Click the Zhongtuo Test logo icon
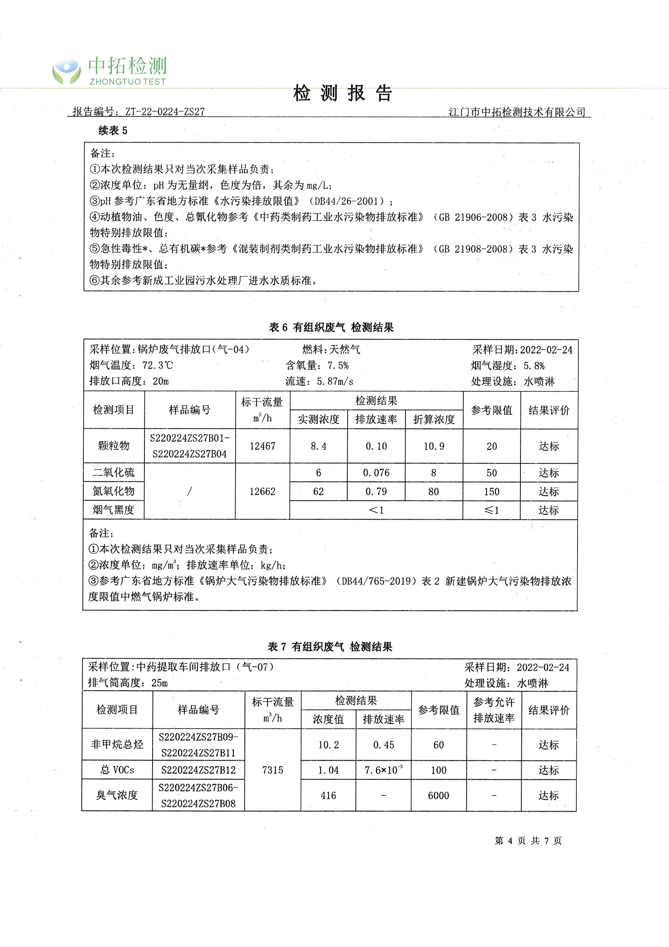click(x=66, y=72)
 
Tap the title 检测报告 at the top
click(x=342, y=94)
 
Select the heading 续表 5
click(x=113, y=131)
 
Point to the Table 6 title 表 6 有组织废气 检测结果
click(x=331, y=328)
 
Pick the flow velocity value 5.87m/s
click(x=335, y=382)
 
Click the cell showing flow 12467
click(x=263, y=446)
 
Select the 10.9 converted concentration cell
click(x=434, y=446)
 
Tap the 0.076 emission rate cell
click(x=376, y=473)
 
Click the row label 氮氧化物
click(x=114, y=491)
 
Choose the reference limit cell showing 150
click(x=492, y=492)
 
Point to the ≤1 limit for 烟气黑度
click(x=492, y=510)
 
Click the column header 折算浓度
click(x=434, y=420)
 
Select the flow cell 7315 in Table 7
click(x=272, y=770)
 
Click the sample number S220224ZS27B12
click(x=198, y=770)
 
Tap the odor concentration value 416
click(x=328, y=796)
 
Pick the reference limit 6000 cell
click(x=439, y=796)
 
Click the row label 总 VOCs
click(x=117, y=770)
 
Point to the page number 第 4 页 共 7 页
click(x=528, y=840)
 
